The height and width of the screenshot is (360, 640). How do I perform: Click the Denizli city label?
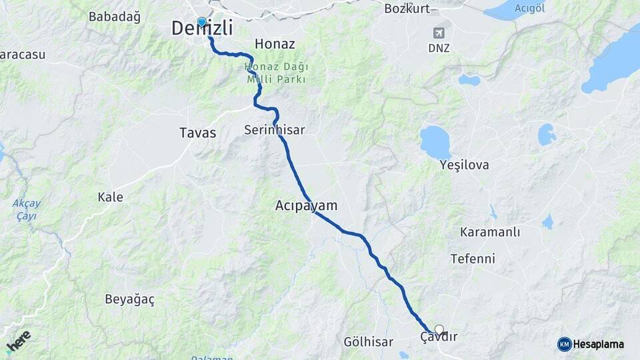[202, 28]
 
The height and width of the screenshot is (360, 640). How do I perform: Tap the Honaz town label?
[275, 44]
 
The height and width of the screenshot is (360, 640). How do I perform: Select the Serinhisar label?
[274, 130]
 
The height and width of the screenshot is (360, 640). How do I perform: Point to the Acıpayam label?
[306, 206]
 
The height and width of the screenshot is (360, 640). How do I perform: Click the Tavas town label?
[198, 133]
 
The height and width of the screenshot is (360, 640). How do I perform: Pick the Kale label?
[110, 197]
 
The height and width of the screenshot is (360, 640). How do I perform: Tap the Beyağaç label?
[129, 299]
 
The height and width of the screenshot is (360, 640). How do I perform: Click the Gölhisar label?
[368, 342]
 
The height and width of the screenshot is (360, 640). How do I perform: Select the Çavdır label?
[439, 337]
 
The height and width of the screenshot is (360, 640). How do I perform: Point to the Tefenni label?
[473, 258]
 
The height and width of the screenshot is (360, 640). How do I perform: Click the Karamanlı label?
[490, 232]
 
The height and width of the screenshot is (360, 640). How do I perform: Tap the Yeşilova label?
[464, 165]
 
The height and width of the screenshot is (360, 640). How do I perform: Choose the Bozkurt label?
[407, 9]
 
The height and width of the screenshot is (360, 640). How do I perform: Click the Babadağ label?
[114, 17]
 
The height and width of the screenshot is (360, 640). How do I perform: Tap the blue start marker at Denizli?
[201, 22]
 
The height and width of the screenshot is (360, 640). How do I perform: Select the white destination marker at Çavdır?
[439, 329]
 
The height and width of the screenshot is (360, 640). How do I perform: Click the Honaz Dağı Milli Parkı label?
[275, 73]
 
